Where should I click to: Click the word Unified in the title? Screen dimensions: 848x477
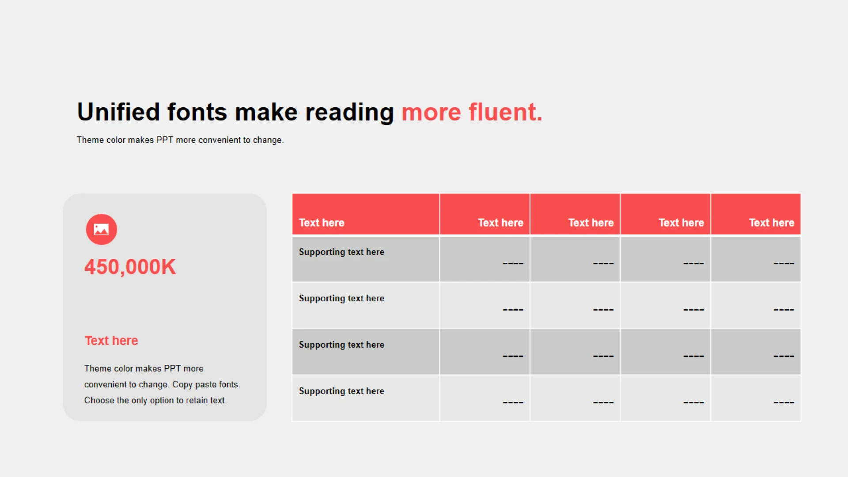pyautogui.click(x=118, y=112)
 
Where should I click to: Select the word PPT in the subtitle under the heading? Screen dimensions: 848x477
pyautogui.click(x=165, y=140)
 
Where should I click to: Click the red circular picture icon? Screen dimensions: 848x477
pyautogui.click(x=102, y=229)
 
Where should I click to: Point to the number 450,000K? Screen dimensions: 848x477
pyautogui.click(x=130, y=267)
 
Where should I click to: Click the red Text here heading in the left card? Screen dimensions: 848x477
pyautogui.click(x=111, y=341)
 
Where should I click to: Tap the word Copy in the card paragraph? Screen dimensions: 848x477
pyautogui.click(x=182, y=385)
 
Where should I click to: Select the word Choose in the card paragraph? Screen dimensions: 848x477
pyautogui.click(x=99, y=400)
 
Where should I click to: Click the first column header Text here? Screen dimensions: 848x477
pyautogui.click(x=322, y=223)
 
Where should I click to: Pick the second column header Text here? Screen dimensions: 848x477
pyautogui.click(x=500, y=223)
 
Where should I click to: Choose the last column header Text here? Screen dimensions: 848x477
pyautogui.click(x=772, y=223)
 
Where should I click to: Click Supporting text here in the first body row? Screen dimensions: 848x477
pyautogui.click(x=341, y=252)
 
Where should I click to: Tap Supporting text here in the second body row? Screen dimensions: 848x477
pyautogui.click(x=341, y=299)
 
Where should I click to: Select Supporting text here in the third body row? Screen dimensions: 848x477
pyautogui.click(x=341, y=345)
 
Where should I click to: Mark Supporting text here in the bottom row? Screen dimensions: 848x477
pyautogui.click(x=341, y=391)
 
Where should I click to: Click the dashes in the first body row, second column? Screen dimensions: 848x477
pyautogui.click(x=513, y=264)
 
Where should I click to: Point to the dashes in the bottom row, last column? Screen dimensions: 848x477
pyautogui.click(x=784, y=403)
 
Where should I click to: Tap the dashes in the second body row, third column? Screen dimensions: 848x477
pyautogui.click(x=603, y=310)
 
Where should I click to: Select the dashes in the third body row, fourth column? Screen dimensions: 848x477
pyautogui.click(x=693, y=356)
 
